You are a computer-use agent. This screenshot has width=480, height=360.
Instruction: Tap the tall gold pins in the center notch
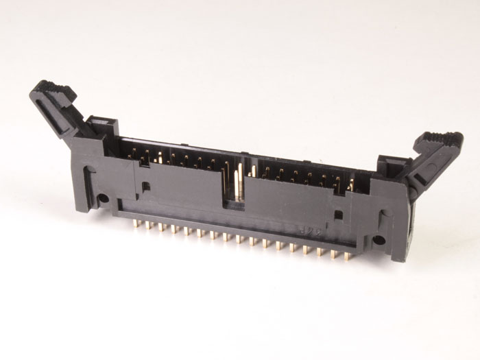(x=239, y=182)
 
